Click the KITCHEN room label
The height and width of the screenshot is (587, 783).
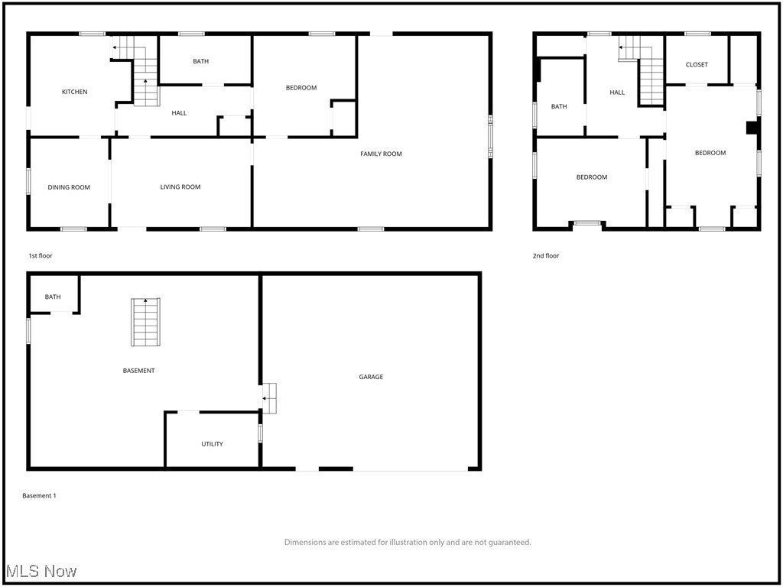(74, 92)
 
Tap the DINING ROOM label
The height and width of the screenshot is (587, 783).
(69, 187)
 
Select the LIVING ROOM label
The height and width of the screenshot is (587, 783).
(180, 187)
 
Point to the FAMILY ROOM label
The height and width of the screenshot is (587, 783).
(381, 154)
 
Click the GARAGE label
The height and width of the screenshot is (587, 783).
(372, 377)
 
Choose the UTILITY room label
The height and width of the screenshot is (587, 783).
(213, 444)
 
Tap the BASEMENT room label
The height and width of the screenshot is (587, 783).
(138, 371)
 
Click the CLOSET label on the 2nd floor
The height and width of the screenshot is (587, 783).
(697, 65)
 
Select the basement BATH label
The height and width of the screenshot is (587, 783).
(53, 297)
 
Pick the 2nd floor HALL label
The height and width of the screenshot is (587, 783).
(617, 92)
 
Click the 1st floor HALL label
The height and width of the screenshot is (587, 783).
(179, 113)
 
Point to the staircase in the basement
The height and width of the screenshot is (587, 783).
(145, 322)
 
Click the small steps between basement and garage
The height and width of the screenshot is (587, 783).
(269, 398)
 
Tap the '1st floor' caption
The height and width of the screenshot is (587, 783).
(41, 256)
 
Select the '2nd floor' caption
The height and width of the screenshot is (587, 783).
(546, 256)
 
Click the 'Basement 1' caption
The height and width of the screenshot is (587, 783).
(39, 496)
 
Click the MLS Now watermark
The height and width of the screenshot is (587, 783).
(41, 572)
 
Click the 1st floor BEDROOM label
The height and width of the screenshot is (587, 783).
(301, 88)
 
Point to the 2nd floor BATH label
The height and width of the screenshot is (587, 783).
(559, 107)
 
